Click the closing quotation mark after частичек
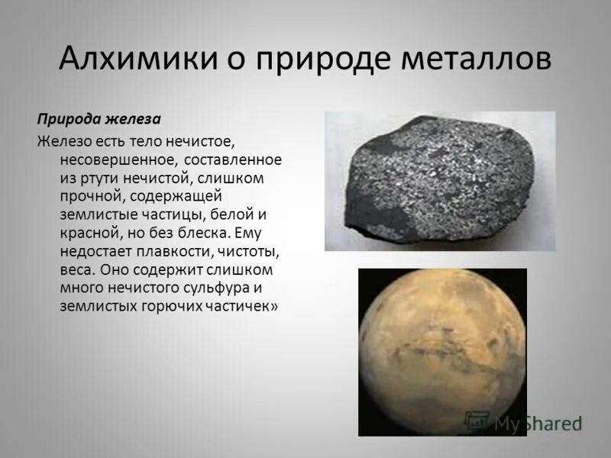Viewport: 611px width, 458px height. pos(273,305)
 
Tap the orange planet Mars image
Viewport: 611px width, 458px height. pos(442,351)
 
